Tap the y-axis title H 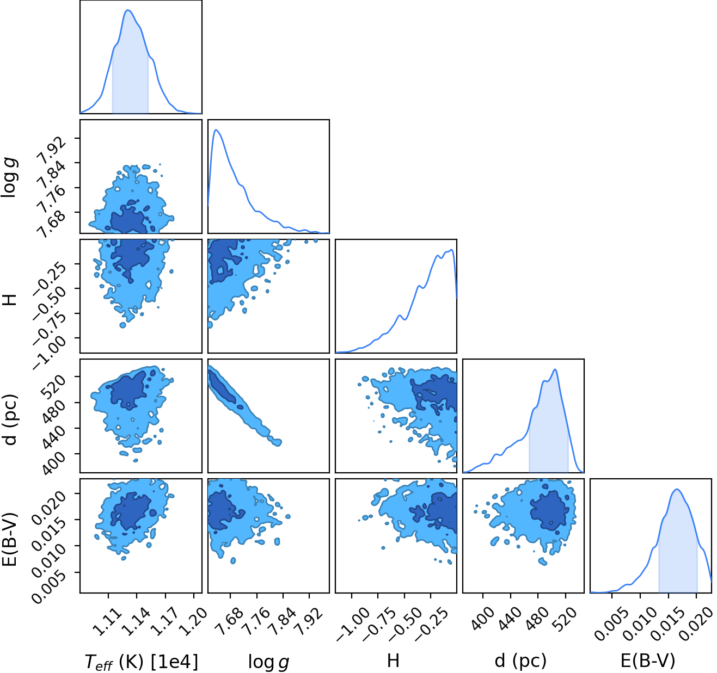10,300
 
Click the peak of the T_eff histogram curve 127,10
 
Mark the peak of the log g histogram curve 216,130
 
